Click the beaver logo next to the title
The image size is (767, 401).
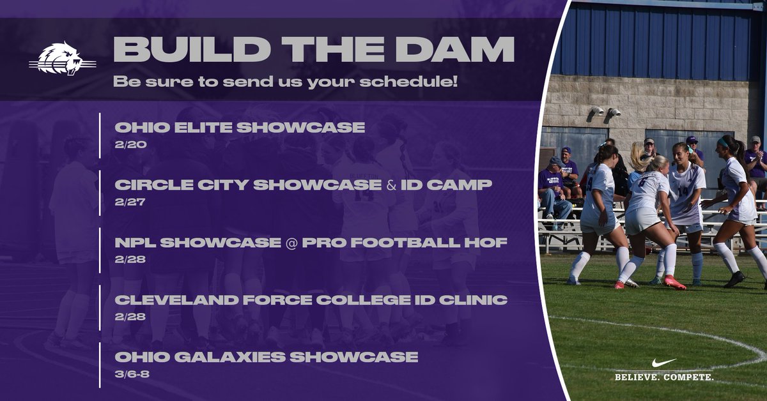coord(62,59)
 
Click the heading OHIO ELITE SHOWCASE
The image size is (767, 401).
coord(240,127)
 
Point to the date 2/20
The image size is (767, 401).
coord(130,144)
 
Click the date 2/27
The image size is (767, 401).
coord(130,202)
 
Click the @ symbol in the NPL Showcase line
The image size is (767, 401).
coord(291,243)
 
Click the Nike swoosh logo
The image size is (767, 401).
coord(663,363)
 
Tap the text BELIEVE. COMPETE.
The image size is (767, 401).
coord(664,377)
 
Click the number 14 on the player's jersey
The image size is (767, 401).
coord(683,190)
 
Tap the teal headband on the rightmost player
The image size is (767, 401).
coord(723,142)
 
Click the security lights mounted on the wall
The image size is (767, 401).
coord(605,112)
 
